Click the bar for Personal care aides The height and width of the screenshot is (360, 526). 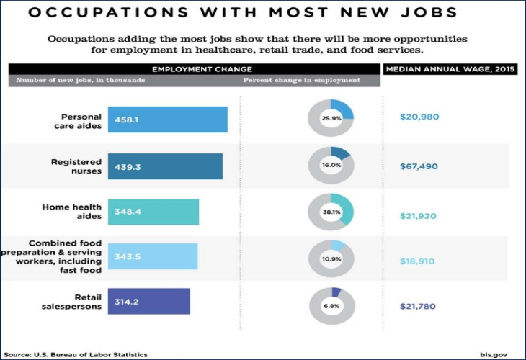168,120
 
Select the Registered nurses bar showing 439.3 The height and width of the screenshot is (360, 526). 165,166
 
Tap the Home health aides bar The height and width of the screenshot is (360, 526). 153,212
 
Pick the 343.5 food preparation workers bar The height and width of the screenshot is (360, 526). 153,256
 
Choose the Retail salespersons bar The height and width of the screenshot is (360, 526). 148,301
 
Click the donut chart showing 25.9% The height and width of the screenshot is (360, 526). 331,117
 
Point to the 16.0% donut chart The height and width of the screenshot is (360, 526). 331,165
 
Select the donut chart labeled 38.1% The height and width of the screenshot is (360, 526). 331,212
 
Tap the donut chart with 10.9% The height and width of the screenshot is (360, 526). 331,258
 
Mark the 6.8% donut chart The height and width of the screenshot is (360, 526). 331,305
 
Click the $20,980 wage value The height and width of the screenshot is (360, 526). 419,117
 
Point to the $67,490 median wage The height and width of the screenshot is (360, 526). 419,166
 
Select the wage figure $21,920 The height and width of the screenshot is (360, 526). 419,216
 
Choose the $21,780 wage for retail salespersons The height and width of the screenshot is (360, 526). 419,307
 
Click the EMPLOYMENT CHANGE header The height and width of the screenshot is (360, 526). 192,68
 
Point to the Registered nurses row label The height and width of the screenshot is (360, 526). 76,166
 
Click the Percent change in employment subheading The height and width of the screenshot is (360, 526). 301,80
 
